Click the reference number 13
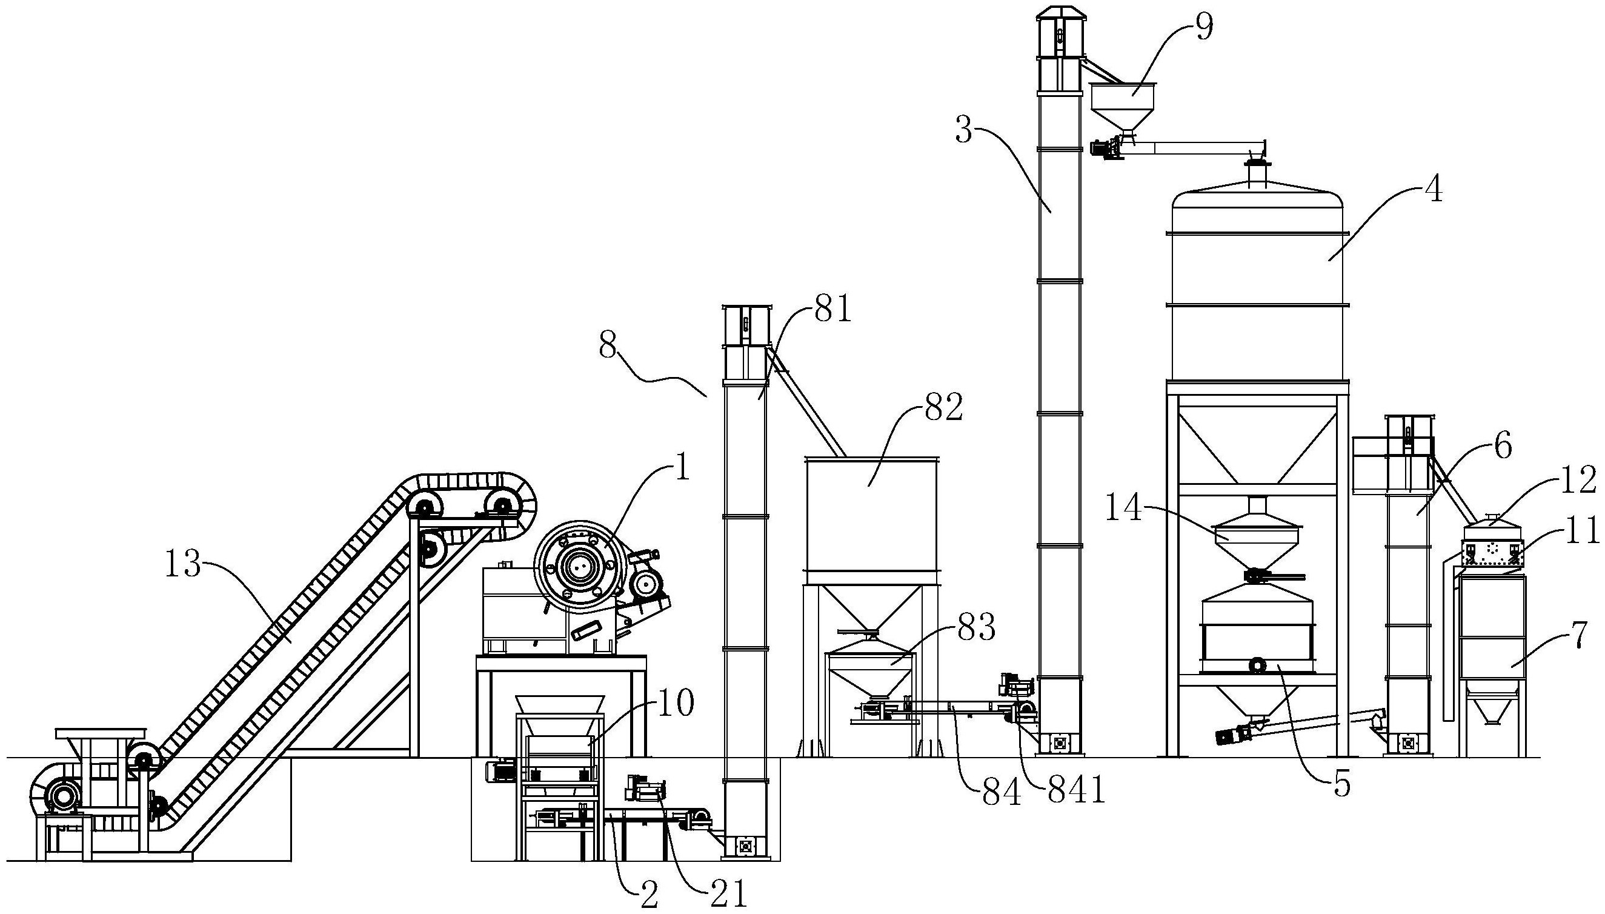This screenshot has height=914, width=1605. [183, 565]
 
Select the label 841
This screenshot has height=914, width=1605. [1075, 793]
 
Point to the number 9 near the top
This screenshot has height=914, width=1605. [1203, 27]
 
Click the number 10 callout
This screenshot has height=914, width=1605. [675, 702]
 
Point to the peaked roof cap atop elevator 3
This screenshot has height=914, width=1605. [1059, 13]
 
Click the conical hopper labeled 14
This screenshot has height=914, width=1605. [1258, 544]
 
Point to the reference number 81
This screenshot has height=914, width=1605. [833, 310]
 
